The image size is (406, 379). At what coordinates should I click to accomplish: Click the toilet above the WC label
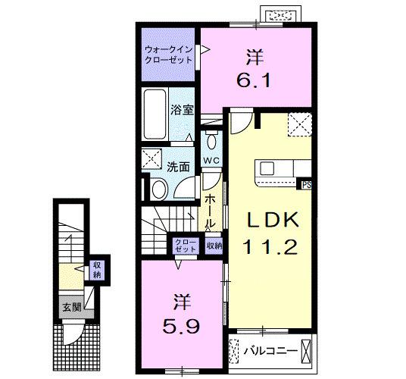click(x=211, y=141)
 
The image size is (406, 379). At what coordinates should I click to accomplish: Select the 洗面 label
click(x=179, y=167)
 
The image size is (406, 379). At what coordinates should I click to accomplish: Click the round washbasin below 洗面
click(x=161, y=189)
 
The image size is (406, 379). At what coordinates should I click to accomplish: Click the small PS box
click(x=306, y=183)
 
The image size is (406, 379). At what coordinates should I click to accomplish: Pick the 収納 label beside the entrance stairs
click(x=97, y=269)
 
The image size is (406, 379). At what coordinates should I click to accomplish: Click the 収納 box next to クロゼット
click(x=214, y=245)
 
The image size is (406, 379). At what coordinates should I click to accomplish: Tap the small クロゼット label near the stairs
click(x=185, y=245)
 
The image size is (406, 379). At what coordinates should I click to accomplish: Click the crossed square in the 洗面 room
click(x=151, y=160)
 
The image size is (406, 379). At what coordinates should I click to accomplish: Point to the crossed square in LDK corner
click(x=299, y=124)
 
